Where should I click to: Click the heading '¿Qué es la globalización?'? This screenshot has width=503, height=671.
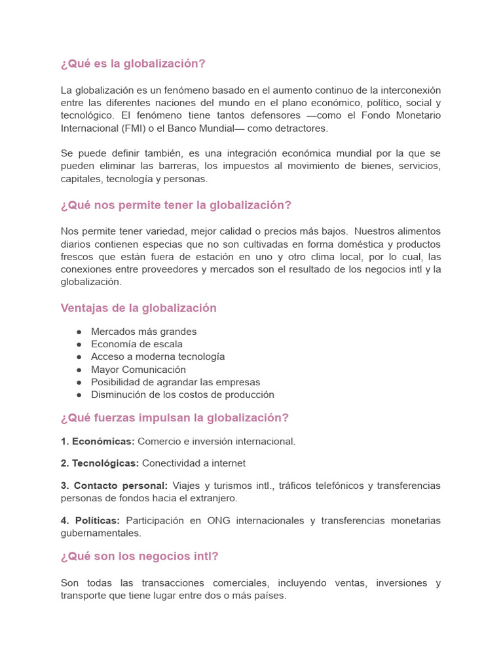pyautogui.click(x=133, y=64)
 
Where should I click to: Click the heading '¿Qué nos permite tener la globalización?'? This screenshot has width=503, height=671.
pyautogui.click(x=176, y=205)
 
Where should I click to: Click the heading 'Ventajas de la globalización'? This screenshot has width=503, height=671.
pyautogui.click(x=138, y=308)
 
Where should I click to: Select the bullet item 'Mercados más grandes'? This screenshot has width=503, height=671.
pyautogui.click(x=143, y=332)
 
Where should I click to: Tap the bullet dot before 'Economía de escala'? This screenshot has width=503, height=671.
pyautogui.click(x=79, y=345)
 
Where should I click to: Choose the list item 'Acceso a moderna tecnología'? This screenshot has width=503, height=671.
pyautogui.click(x=158, y=356)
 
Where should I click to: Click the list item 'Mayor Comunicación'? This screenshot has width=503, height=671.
pyautogui.click(x=138, y=370)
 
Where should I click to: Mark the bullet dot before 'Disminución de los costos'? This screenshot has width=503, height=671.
pyautogui.click(x=79, y=395)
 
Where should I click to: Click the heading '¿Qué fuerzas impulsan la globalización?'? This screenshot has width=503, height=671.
pyautogui.click(x=175, y=418)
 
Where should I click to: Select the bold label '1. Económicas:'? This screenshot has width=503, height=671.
pyautogui.click(x=98, y=442)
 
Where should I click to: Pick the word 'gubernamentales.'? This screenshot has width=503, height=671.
pyautogui.click(x=101, y=533)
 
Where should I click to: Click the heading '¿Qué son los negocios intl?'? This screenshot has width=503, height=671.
pyautogui.click(x=140, y=556)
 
